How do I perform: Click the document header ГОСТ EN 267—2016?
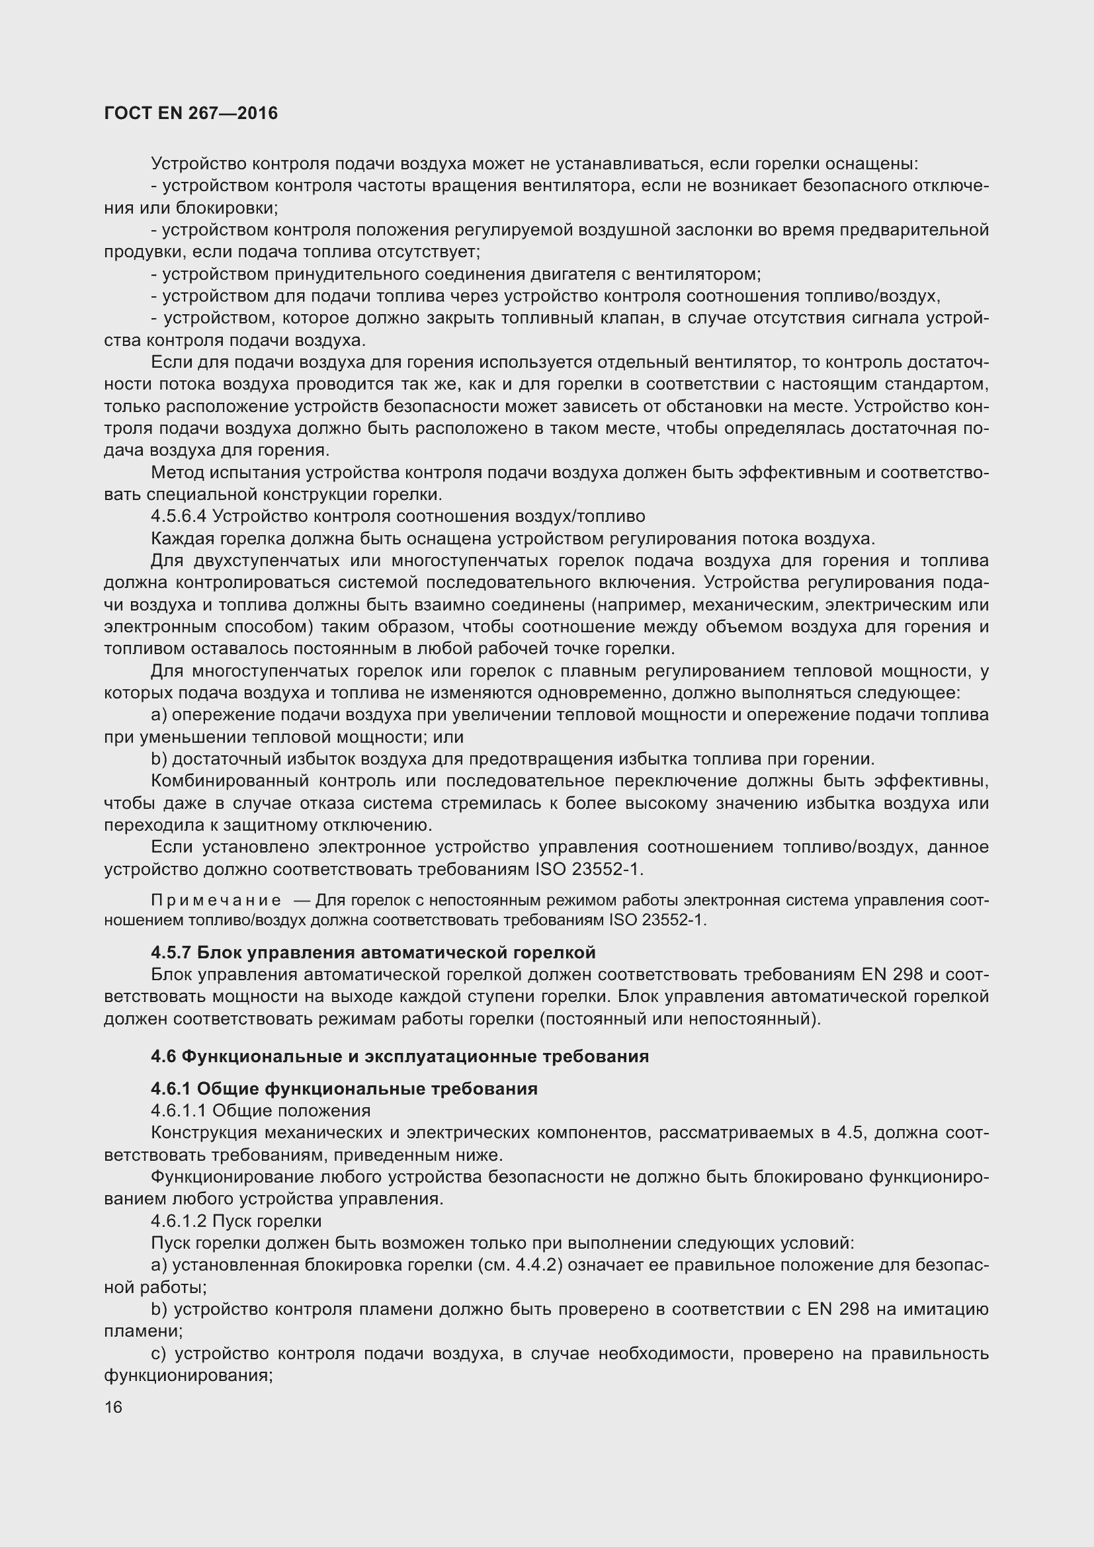[190, 113]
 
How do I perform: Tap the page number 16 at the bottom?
[113, 1407]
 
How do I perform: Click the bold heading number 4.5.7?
[171, 952]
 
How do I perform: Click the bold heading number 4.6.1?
[171, 1089]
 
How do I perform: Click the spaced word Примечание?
[216, 901]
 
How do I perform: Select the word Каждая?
[176, 538]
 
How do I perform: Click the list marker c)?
[159, 1353]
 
